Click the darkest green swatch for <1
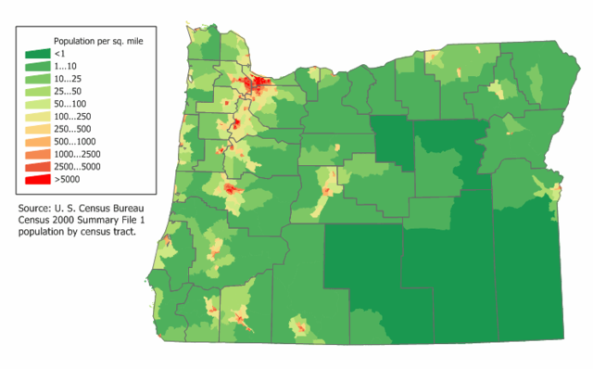click(x=38, y=55)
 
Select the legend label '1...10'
click(x=69, y=69)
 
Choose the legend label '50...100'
click(x=73, y=110)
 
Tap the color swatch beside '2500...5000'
click(x=38, y=166)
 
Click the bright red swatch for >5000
click(x=38, y=180)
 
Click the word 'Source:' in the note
click(x=37, y=209)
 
